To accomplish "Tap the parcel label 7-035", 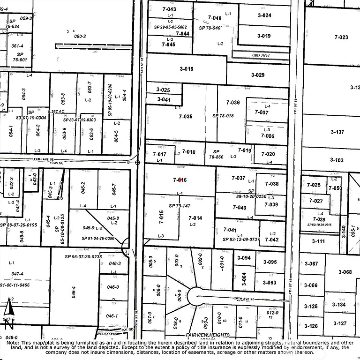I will [186, 116].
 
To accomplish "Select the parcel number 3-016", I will [186, 69].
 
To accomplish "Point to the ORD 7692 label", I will [262, 55].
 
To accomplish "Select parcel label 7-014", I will [195, 218].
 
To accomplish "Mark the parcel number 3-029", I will [257, 75].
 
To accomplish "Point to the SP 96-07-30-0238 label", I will [83, 256].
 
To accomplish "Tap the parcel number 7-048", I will [214, 18].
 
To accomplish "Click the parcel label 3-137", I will [337, 132].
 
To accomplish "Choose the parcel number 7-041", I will [230, 230].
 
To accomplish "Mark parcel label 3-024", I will [264, 15].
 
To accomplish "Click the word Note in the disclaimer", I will [15, 343].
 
